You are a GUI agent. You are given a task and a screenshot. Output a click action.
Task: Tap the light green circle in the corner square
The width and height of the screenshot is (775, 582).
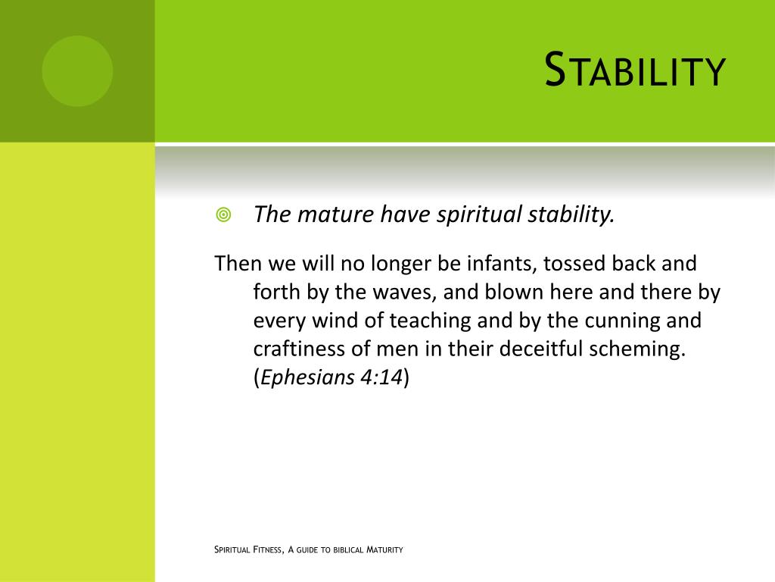click(x=77, y=70)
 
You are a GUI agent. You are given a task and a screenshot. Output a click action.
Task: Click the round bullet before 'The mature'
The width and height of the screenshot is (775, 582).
click(x=223, y=215)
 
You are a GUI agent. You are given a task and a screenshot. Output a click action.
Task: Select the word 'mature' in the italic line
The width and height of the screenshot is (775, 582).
click(x=330, y=215)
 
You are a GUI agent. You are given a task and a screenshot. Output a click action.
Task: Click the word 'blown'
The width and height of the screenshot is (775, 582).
click(x=512, y=292)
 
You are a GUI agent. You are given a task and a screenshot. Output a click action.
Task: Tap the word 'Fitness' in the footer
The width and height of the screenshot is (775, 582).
click(x=269, y=549)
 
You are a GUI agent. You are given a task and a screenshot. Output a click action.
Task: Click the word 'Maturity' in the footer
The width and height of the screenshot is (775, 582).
click(x=384, y=549)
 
